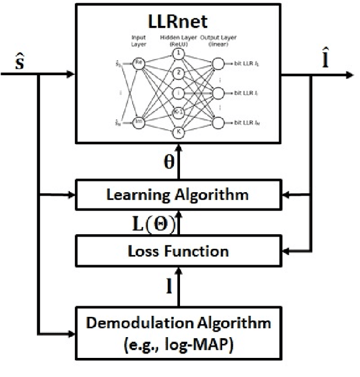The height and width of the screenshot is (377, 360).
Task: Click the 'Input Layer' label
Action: [x=138, y=40]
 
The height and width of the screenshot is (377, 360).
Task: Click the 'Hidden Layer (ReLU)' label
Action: [x=179, y=40]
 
